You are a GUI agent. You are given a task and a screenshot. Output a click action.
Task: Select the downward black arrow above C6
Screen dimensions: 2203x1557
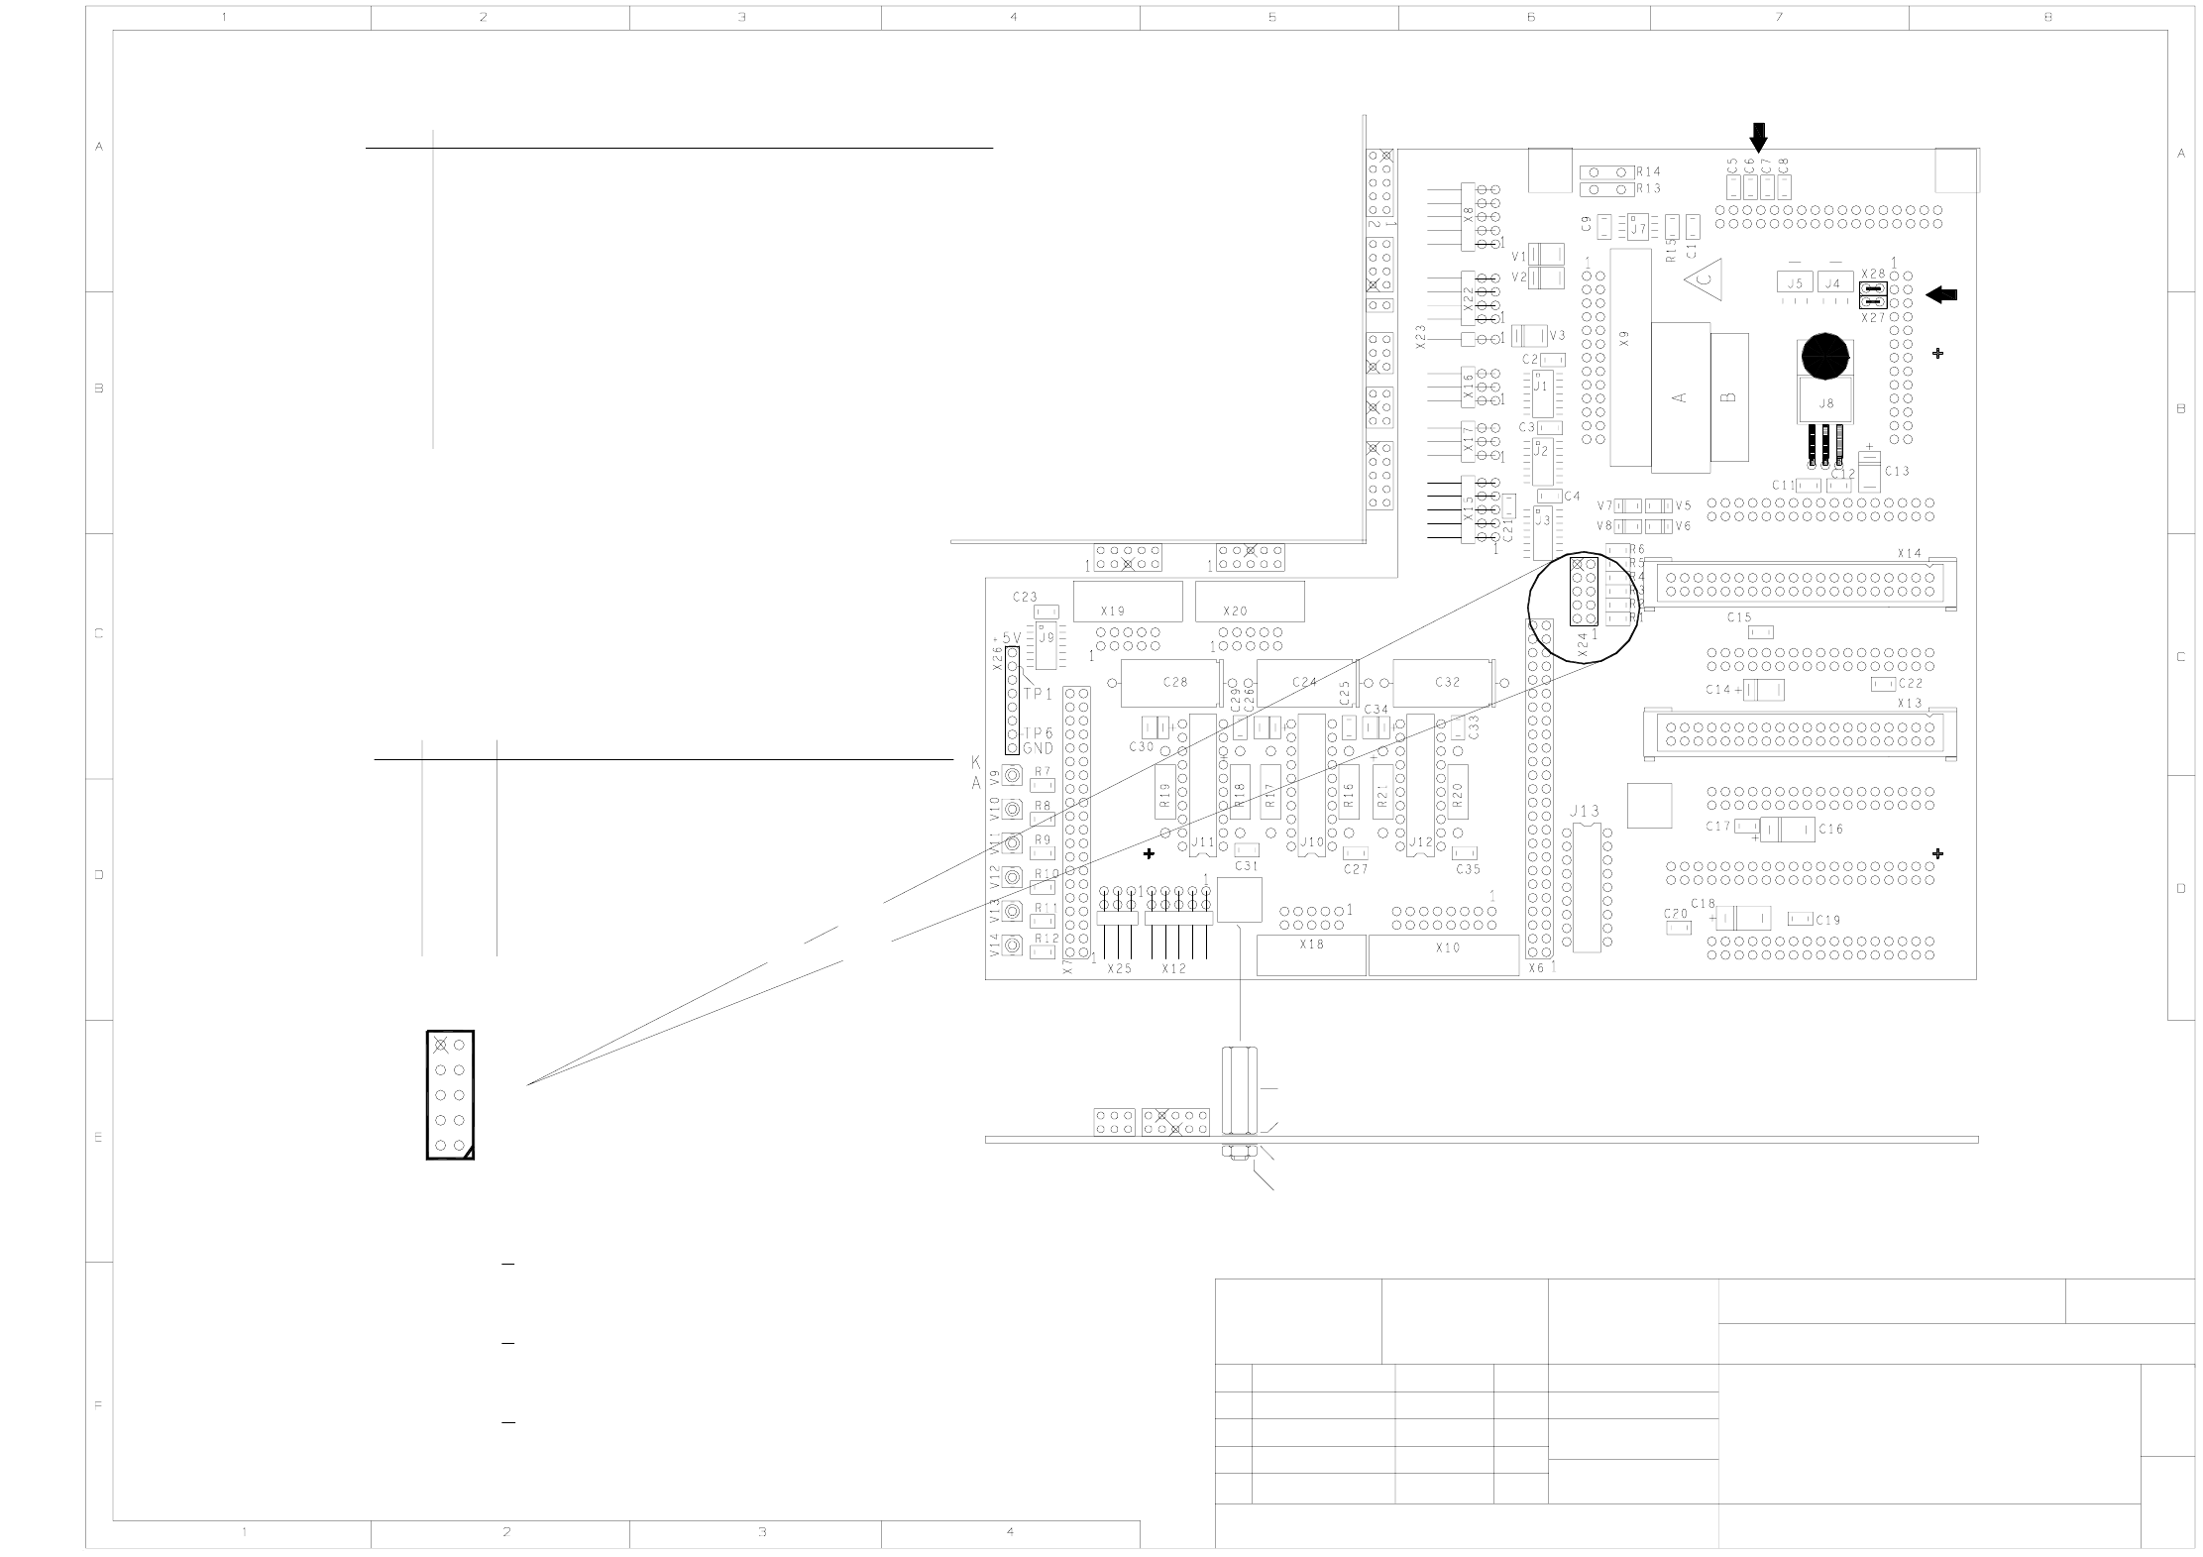coord(1758,137)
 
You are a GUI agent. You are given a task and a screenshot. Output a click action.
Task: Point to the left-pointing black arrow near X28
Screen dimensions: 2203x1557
coord(1941,294)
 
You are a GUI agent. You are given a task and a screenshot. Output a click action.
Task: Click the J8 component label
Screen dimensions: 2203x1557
coord(1825,403)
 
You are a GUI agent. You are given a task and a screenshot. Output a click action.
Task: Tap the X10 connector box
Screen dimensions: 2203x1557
coord(1444,955)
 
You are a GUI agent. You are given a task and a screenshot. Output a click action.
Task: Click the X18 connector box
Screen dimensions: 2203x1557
coord(1310,954)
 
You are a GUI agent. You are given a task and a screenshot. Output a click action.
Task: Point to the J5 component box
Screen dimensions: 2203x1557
coord(1794,283)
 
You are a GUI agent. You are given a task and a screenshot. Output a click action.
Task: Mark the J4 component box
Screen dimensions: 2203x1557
coord(1834,283)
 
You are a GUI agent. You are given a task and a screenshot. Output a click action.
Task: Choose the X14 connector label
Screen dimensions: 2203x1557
coord(1909,553)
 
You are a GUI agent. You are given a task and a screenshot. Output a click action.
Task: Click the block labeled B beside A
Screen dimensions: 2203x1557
coord(1729,397)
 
